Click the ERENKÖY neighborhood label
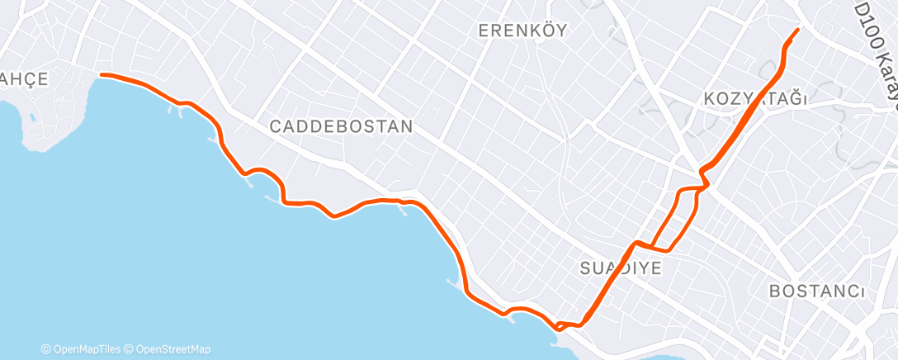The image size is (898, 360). (x=523, y=31)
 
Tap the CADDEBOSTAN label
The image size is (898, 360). (x=341, y=127)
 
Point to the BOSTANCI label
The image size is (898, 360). (x=816, y=291)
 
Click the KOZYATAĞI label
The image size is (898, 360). (x=754, y=99)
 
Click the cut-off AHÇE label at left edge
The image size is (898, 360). (x=24, y=78)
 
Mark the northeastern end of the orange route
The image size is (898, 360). (x=797, y=30)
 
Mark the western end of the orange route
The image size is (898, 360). (x=102, y=75)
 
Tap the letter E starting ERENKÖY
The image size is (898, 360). (x=484, y=31)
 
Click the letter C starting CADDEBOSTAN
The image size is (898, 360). (x=276, y=127)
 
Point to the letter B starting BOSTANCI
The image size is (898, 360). (x=774, y=291)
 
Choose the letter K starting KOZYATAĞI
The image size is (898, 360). (x=710, y=99)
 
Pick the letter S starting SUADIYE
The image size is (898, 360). (x=584, y=268)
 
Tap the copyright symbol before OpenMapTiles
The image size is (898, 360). (x=46, y=349)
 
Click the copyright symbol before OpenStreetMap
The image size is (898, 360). (x=131, y=349)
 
